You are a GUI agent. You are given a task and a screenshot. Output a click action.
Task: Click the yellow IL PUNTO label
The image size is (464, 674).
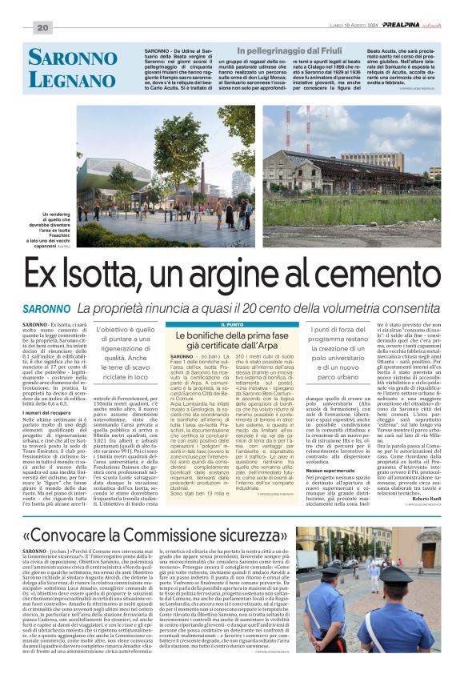232,323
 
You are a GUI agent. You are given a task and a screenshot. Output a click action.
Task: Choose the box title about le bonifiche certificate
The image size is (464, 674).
232,338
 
